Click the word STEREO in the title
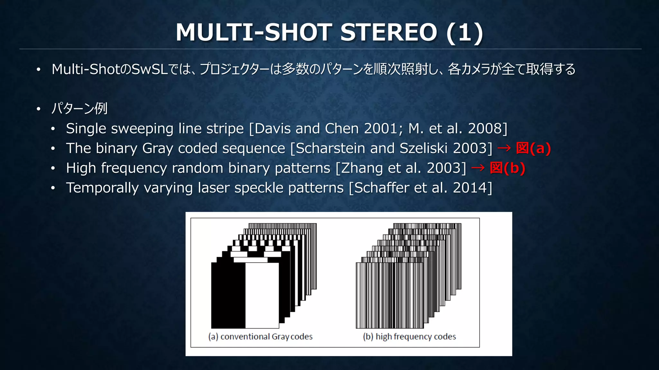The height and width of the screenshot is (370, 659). click(x=388, y=32)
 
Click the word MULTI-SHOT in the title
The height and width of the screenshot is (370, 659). click(x=254, y=32)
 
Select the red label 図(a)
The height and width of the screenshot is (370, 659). click(x=533, y=149)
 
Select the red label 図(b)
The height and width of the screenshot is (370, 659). click(x=507, y=168)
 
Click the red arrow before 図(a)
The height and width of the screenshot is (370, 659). click(x=504, y=148)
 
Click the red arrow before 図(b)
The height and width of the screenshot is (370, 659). click(x=478, y=168)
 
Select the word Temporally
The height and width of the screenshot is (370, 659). click(x=102, y=188)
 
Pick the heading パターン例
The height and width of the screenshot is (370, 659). click(x=79, y=108)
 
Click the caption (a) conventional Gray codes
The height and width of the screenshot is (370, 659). click(x=260, y=337)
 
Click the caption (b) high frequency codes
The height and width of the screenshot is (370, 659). click(x=409, y=337)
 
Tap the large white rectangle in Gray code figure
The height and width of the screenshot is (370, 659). click(x=262, y=295)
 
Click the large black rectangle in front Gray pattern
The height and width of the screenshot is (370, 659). click(x=228, y=295)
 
